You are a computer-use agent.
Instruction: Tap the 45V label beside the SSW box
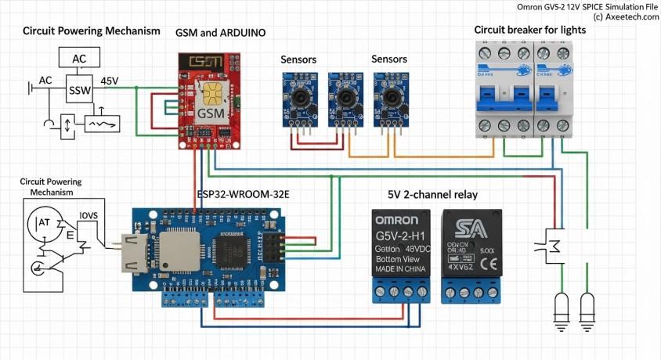109,81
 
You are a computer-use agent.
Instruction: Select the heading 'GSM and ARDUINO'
221,32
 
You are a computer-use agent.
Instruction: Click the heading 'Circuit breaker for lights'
529,30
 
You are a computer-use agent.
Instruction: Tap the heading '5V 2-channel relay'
432,194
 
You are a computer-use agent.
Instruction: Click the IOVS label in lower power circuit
88,214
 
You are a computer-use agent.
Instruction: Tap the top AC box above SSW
79,59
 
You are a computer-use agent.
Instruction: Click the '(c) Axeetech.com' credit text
626,16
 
